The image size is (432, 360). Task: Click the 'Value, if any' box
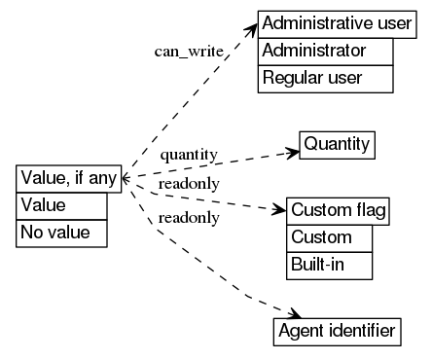(69, 179)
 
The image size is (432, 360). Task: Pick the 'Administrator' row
(325, 51)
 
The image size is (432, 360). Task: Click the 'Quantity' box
(337, 145)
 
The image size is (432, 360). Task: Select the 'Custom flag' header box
(339, 211)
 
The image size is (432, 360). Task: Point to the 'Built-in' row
(330, 265)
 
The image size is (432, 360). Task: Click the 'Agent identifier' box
(336, 332)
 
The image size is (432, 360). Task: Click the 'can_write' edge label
(189, 51)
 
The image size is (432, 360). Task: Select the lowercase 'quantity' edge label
(189, 155)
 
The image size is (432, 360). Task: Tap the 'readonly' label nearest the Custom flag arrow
(189, 184)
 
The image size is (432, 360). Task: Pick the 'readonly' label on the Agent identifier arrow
(189, 217)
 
